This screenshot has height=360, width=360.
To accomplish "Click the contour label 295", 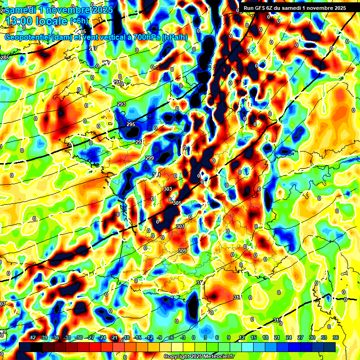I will (x=131, y=124).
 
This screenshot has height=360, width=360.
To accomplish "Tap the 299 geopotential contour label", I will (x=150, y=158).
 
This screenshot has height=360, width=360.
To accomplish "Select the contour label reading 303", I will (x=167, y=189).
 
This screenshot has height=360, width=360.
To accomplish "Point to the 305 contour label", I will (x=177, y=203).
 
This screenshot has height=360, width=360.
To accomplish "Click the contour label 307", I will (x=180, y=226).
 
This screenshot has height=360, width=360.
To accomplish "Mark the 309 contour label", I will (x=182, y=251).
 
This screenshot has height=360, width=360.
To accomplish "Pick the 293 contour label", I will (x=121, y=104).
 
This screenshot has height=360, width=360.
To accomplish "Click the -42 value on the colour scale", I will (x=32, y=337).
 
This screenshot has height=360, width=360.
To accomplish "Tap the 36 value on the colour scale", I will (x=336, y=337).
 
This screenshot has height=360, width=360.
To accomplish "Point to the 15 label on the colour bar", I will (x=254, y=337).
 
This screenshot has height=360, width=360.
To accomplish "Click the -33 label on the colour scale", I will (x=67, y=337).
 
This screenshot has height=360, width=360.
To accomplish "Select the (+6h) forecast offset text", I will (x=81, y=21).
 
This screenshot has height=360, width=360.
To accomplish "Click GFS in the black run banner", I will (x=262, y=7).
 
